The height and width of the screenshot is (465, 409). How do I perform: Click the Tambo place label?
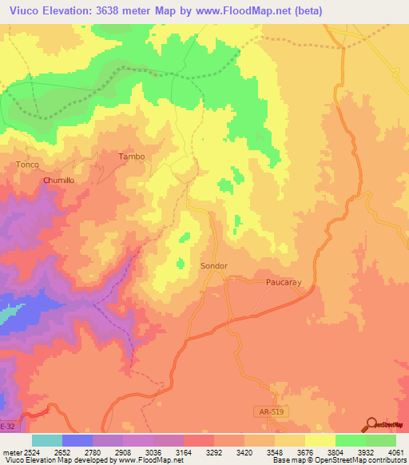[x=132, y=157]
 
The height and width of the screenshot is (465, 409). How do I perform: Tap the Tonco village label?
[x=27, y=165]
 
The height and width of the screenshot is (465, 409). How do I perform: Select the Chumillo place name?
[x=58, y=181]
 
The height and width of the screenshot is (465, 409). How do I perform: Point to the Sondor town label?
[x=213, y=265]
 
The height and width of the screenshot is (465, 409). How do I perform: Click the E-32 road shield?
[x=7, y=427]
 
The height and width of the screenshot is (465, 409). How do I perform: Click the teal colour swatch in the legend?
[x=46, y=440]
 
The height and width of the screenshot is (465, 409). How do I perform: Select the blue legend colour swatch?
[x=77, y=440]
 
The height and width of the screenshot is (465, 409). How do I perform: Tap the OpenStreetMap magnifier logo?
[x=371, y=424]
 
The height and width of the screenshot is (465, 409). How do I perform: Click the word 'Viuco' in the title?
[x=21, y=10]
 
